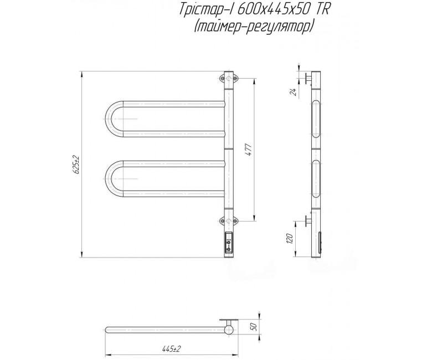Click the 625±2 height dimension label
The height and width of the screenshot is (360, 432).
coord(76,164)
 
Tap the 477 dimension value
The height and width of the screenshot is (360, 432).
coord(249,150)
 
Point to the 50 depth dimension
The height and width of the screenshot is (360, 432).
coord(254,326)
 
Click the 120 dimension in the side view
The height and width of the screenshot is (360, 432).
coord(289,239)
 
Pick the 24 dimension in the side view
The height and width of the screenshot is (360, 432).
coord(294,92)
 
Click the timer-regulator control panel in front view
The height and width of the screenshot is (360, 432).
coord(229,242)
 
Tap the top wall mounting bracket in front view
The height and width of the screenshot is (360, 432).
coord(229,79)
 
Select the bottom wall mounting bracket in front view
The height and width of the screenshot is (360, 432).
coord(229,220)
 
